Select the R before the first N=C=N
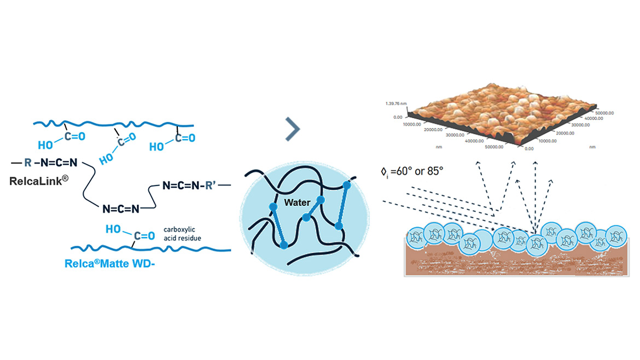(28, 162)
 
